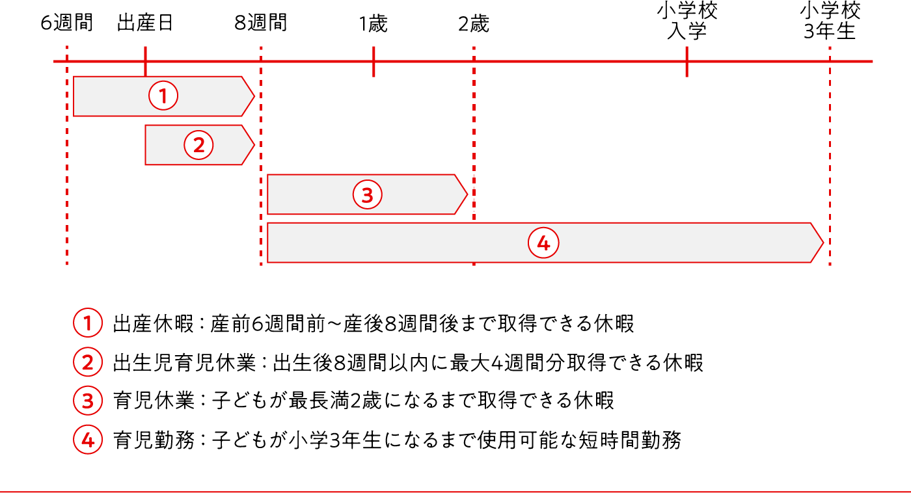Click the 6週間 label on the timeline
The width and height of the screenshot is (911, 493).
coord(66,23)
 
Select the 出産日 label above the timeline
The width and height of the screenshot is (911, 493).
coord(145,23)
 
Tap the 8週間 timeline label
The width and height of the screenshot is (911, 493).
coord(261,23)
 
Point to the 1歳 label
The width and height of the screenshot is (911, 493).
coord(374,24)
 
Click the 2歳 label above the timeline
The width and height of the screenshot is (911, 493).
coord(474,24)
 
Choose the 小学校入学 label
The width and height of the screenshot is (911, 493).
coord(687,21)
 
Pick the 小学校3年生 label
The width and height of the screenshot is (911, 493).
coord(830,21)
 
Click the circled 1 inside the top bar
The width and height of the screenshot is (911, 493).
coord(163,96)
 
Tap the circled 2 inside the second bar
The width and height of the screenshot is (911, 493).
coord(198,145)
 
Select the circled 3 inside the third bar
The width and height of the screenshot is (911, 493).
coord(367,194)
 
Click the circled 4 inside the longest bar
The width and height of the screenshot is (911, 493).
coord(543,243)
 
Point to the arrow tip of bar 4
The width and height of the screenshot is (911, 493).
coord(823,243)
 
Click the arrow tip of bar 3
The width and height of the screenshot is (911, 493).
coord(467,194)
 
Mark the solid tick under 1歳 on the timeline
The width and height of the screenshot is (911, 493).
coord(374,62)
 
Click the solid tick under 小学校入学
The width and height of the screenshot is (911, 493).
coord(687,62)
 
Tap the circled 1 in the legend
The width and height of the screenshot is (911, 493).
coord(87,323)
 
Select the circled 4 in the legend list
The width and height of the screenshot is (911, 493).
coord(87,440)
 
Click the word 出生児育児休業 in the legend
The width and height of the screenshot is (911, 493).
coord(184,362)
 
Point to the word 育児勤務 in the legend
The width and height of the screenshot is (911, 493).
coord(154,440)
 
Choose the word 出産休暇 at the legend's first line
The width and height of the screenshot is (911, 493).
coord(154,323)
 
